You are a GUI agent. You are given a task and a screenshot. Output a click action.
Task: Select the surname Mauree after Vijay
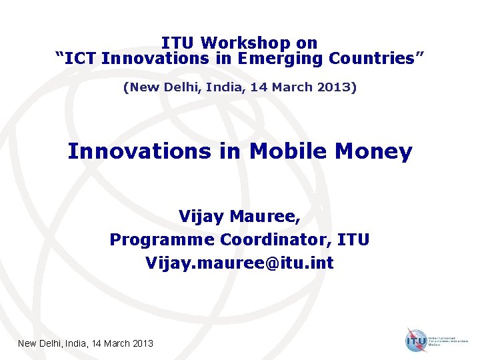[258, 217]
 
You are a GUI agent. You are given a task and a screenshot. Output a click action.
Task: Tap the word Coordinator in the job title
[279, 239]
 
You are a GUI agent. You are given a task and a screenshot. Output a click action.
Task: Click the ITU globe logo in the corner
[416, 340]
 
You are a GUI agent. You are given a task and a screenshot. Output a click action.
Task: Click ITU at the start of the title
[178, 43]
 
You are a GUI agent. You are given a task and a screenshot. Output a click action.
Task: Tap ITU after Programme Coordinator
[355, 239]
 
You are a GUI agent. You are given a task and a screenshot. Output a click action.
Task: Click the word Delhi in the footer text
[55, 343]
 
